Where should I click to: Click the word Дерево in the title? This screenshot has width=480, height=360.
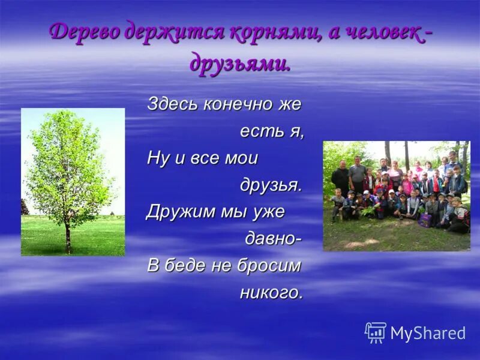coord(83,32)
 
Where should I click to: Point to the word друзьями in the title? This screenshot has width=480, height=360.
coord(240,62)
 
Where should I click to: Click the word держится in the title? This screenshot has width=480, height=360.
coord(174,32)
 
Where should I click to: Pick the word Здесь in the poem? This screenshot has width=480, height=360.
coord(173,104)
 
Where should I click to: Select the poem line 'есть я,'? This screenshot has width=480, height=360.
coord(272,131)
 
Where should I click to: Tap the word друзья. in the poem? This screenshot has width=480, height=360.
coord(271,185)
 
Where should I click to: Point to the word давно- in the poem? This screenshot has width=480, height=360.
coord(273,239)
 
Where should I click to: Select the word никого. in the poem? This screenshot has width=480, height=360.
coord(271,293)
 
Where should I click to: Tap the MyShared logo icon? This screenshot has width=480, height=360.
coord(376,332)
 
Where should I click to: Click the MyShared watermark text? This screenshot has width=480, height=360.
coord(428,334)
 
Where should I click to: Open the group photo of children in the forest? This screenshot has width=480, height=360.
coord(396,196)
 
